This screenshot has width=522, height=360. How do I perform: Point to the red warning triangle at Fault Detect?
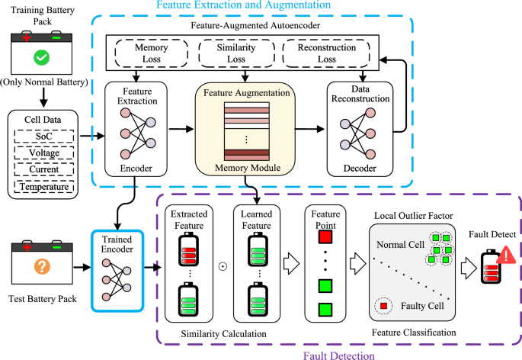[x=503, y=259]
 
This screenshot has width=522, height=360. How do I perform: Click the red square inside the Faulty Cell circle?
[x=384, y=307]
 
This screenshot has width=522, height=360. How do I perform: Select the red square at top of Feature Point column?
[x=325, y=243]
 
